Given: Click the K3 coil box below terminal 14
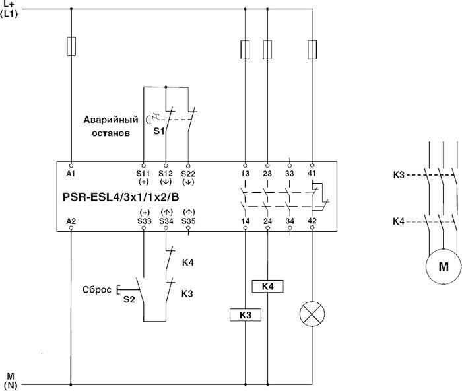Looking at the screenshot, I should tap(246, 316).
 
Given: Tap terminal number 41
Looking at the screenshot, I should tap(312, 172).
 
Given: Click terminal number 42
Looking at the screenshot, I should tap(312, 221).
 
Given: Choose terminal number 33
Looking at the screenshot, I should tap(289, 172).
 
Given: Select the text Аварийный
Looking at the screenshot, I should tap(110, 120).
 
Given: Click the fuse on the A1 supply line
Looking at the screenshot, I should tap(71, 46).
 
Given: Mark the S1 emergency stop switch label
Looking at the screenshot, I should tap(159, 131).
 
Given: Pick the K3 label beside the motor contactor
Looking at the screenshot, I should tap(398, 175).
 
